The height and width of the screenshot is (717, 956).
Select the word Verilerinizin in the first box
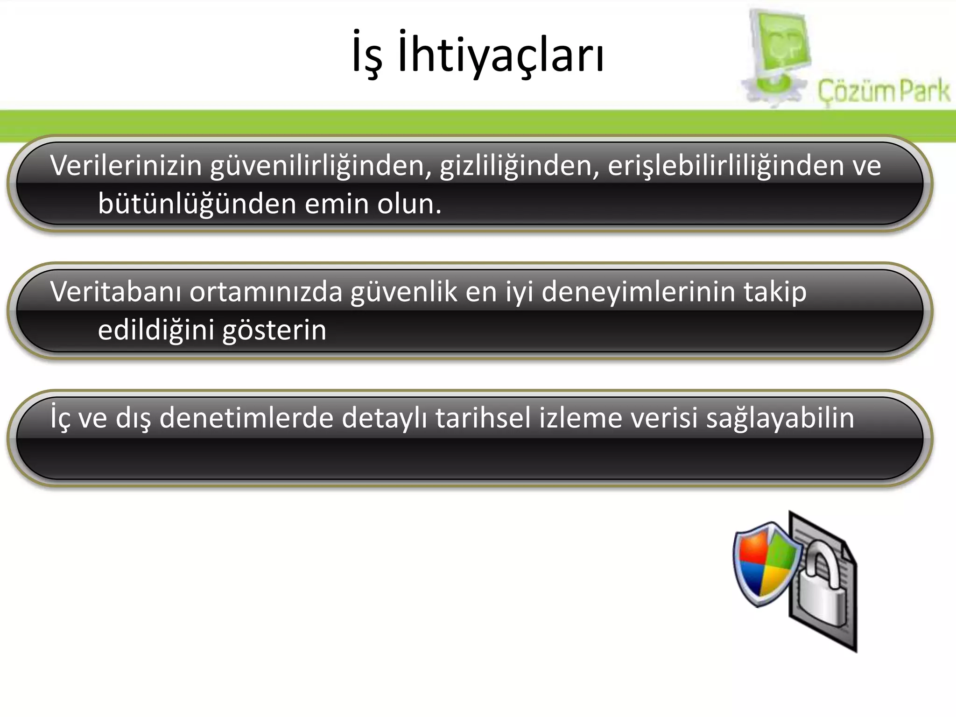point(126,166)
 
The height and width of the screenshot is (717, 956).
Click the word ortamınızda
point(266,292)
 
